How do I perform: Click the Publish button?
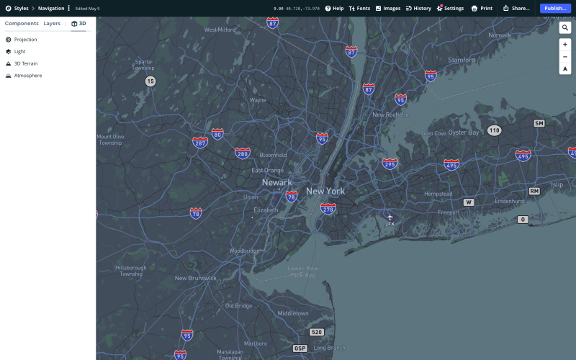click(554, 8)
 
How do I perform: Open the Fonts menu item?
click(359, 8)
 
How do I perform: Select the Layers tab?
click(52, 24)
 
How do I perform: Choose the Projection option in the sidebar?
click(25, 40)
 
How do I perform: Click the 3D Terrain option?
click(25, 63)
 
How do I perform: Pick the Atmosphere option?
click(27, 76)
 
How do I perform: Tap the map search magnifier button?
click(565, 27)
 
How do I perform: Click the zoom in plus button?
click(565, 45)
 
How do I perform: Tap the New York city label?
click(325, 191)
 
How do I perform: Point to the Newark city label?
click(276, 182)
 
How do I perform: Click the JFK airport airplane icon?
click(390, 217)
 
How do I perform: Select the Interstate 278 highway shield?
click(328, 209)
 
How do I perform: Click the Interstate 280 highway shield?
click(243, 153)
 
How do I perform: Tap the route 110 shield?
click(493, 130)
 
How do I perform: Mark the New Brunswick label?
click(195, 278)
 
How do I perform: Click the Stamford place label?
click(462, 60)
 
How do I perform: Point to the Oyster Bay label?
click(463, 132)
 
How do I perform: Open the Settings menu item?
click(450, 8)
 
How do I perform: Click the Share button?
click(516, 8)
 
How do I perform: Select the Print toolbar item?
click(482, 8)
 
